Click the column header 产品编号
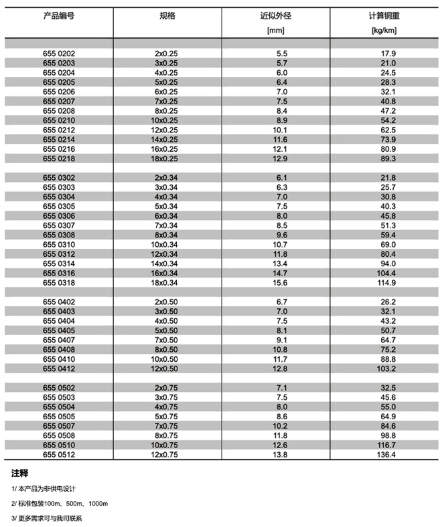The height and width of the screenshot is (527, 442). click(x=59, y=15)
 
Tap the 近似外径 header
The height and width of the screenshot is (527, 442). click(x=275, y=15)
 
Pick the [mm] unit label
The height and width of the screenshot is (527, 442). click(x=275, y=30)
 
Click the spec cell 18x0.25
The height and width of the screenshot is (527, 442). click(x=167, y=158)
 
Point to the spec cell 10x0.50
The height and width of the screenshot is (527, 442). click(x=167, y=359)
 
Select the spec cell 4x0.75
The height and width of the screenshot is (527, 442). click(x=167, y=407)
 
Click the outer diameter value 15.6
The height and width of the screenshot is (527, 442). click(x=281, y=282)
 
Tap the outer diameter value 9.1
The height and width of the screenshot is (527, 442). click(x=281, y=340)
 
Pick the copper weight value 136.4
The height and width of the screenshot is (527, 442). click(x=389, y=455)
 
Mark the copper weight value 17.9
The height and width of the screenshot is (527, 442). click(x=389, y=54)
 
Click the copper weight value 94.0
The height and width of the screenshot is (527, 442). click(x=389, y=263)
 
